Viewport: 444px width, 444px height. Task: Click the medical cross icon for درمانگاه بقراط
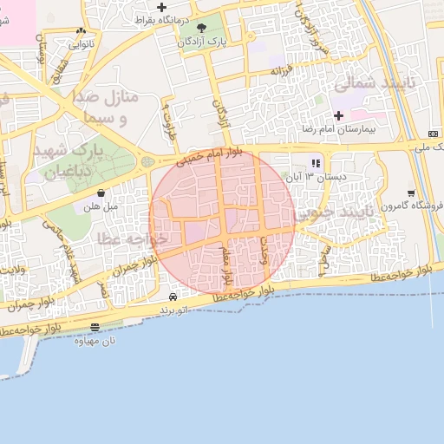(161, 8)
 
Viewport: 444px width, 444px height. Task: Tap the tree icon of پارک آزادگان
(202, 28)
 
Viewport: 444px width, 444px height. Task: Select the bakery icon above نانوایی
(81, 30)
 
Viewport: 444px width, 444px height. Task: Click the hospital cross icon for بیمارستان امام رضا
(338, 115)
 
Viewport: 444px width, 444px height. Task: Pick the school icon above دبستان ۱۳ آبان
(317, 162)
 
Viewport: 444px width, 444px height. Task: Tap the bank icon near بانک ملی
(433, 133)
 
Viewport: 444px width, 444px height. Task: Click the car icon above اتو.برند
(173, 297)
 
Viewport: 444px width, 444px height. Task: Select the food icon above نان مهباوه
(95, 327)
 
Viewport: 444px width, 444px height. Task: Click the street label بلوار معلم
(226, 264)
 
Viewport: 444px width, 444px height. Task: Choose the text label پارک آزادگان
(202, 41)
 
